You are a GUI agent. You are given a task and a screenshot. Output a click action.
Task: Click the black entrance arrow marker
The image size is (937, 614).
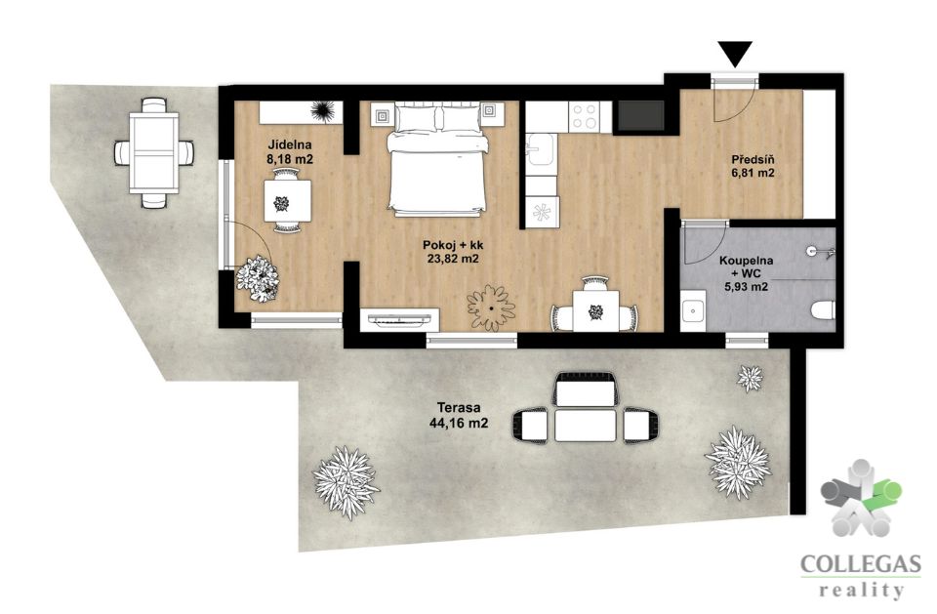737,54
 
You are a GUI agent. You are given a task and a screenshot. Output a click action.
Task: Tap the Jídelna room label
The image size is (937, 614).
290,152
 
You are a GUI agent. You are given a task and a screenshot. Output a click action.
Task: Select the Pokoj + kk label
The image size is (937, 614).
454,252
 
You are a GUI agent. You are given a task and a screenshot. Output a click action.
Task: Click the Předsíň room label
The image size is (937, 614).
753,166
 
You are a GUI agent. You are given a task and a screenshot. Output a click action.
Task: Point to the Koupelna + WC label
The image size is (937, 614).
746,273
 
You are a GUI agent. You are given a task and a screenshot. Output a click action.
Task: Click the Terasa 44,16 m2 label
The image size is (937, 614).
459,416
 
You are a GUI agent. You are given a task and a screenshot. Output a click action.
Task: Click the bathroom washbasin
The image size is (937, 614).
693,310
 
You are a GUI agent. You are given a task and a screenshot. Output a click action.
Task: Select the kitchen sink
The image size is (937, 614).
542,148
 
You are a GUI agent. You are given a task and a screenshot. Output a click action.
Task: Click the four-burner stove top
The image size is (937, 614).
585,116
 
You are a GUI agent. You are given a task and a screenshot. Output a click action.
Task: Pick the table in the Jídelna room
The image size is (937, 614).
287,201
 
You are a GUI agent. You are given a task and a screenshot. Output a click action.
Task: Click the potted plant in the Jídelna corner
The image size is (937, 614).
258,278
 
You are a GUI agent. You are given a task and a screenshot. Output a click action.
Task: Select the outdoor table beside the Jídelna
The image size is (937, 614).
154,152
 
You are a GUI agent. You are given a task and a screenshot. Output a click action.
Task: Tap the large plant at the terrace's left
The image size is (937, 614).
346,482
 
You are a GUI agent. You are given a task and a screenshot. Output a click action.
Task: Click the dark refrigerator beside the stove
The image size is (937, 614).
640,115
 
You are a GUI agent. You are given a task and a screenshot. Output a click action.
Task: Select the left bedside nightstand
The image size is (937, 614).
381,113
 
